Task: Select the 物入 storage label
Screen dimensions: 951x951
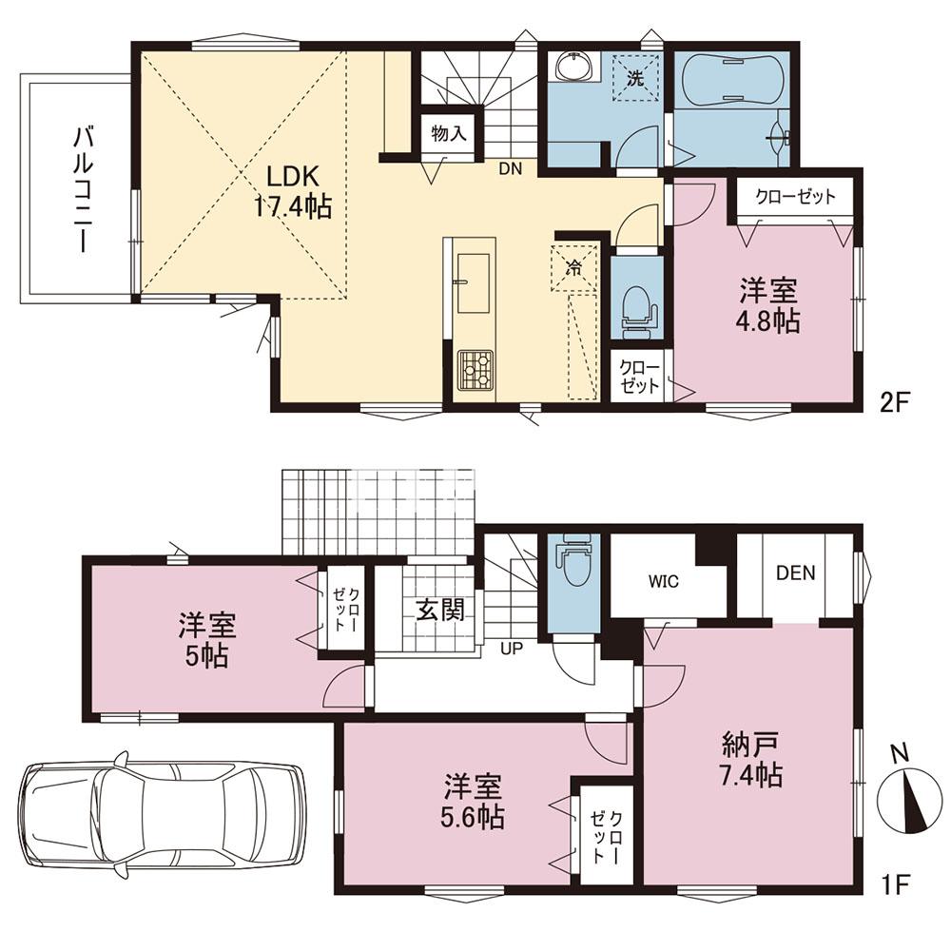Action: (x=448, y=134)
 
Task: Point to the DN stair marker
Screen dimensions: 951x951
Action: (x=511, y=170)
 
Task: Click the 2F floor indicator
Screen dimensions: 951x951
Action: (x=896, y=400)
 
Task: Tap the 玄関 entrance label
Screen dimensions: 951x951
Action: (x=439, y=610)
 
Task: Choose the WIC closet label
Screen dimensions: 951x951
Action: (x=665, y=582)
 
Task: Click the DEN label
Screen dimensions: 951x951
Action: (x=795, y=573)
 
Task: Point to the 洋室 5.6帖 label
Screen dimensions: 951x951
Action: (x=473, y=800)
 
